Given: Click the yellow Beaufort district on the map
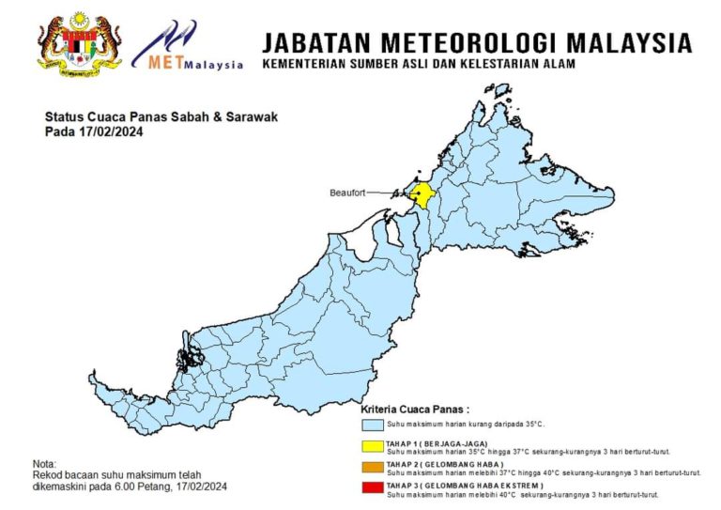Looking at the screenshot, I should click(x=422, y=194).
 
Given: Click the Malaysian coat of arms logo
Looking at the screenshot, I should click(x=80, y=44).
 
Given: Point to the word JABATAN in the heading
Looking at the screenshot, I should click(x=309, y=42).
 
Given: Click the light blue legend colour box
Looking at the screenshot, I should click(x=373, y=425).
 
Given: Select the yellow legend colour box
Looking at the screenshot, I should click(x=373, y=446).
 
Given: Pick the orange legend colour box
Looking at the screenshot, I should click(x=373, y=468).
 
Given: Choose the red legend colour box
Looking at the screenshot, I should click(x=373, y=487).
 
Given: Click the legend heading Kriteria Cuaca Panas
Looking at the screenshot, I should click(x=415, y=410).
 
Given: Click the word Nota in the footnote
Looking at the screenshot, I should click(x=44, y=464).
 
